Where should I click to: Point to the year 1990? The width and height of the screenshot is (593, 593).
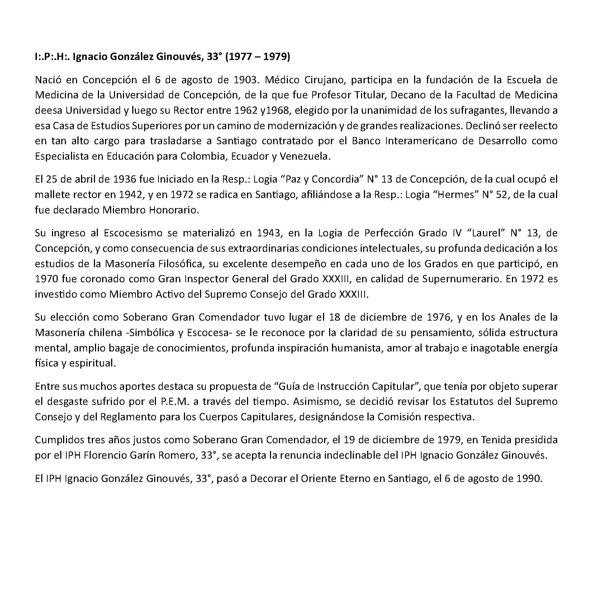coord(528,478)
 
